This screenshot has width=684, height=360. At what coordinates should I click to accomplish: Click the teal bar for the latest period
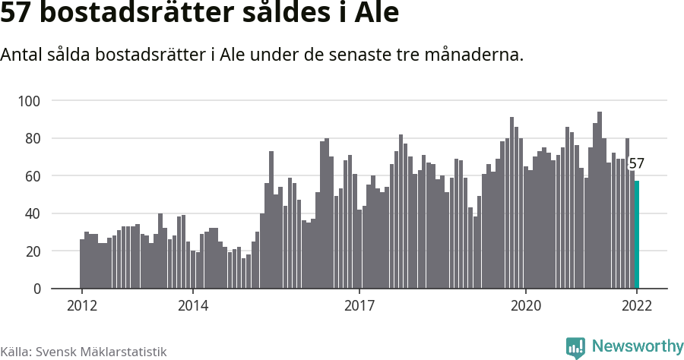pyautogui.click(x=637, y=235)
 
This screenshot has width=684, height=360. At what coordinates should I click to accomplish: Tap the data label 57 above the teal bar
pyautogui.click(x=637, y=163)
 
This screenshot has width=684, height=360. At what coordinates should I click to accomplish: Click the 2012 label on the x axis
pyautogui.click(x=81, y=305)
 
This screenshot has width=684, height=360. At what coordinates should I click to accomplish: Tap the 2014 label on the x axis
pyautogui.click(x=193, y=305)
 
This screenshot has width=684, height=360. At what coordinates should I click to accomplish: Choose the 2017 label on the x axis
pyautogui.click(x=359, y=305)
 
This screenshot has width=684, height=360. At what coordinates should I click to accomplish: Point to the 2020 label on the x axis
pyautogui.click(x=525, y=305)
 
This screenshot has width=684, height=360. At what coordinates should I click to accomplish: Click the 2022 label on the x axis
pyautogui.click(x=637, y=305)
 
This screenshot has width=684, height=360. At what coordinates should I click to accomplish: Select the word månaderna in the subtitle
pyautogui.click(x=484, y=55)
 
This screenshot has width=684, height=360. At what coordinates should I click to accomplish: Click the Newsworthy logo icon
pyautogui.click(x=576, y=347)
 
